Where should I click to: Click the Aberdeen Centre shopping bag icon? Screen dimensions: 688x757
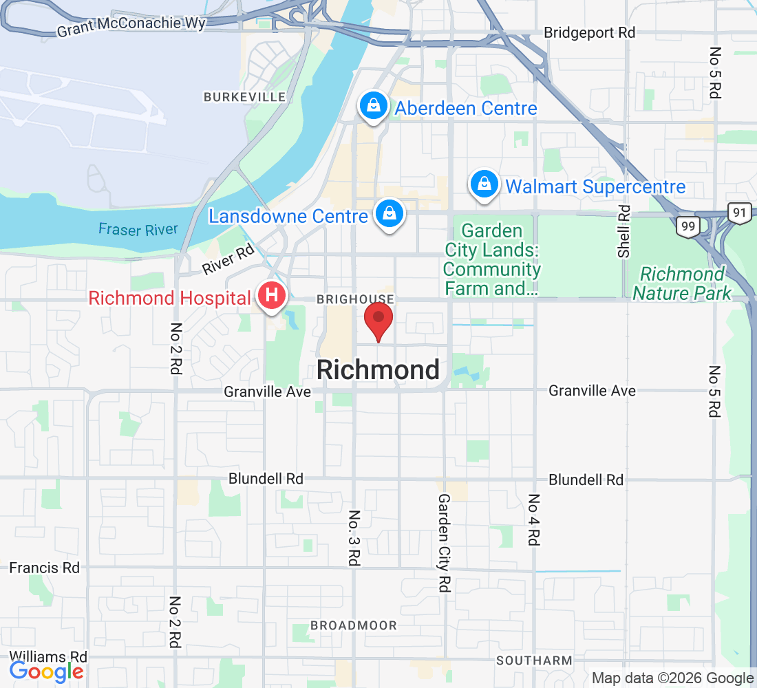pyautogui.click(x=372, y=107)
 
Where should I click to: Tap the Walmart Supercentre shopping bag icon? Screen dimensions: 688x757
pyautogui.click(x=484, y=185)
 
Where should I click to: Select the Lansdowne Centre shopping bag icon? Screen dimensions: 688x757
pyautogui.click(x=390, y=214)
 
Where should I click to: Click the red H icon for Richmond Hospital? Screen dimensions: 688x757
pyautogui.click(x=272, y=297)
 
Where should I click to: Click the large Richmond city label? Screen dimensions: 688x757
pyautogui.click(x=378, y=370)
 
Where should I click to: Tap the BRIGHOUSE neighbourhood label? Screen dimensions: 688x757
pyautogui.click(x=355, y=299)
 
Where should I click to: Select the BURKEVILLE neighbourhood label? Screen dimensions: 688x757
pyautogui.click(x=244, y=98)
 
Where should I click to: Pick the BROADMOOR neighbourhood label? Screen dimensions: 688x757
pyautogui.click(x=354, y=625)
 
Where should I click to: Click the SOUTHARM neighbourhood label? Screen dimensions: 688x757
pyautogui.click(x=534, y=660)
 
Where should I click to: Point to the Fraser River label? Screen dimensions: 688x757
pyautogui.click(x=138, y=230)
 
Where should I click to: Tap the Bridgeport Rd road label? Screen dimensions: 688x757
pyautogui.click(x=589, y=32)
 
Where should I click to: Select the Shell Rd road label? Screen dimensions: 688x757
pyautogui.click(x=624, y=231)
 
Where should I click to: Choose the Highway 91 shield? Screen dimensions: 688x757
pyautogui.click(x=739, y=213)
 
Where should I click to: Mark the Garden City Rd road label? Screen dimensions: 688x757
pyautogui.click(x=445, y=543)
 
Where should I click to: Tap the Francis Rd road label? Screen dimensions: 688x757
pyautogui.click(x=45, y=568)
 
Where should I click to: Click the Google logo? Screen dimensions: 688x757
pyautogui.click(x=47, y=671)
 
